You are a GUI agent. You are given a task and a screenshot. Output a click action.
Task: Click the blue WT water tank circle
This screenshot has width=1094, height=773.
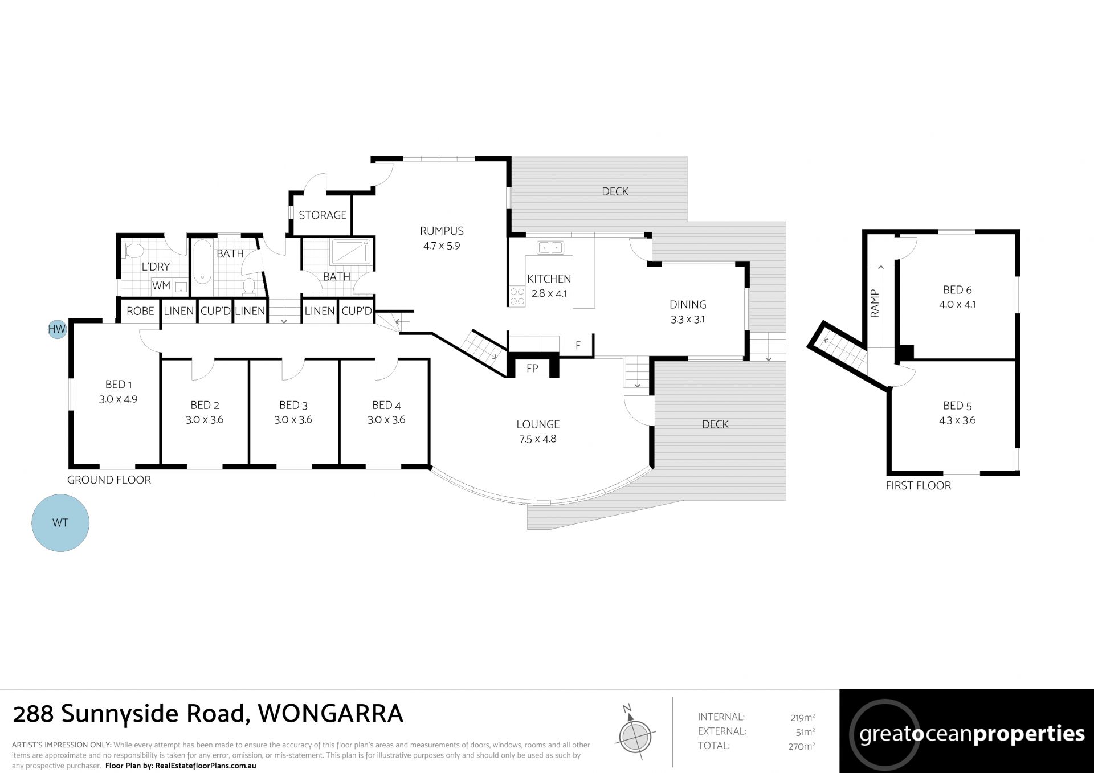(60, 522)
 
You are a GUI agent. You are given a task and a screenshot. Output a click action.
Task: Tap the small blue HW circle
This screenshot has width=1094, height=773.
(57, 329)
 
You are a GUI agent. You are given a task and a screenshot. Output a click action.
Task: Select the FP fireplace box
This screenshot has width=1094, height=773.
(532, 368)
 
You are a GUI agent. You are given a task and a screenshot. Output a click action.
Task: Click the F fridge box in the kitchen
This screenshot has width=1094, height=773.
(578, 345)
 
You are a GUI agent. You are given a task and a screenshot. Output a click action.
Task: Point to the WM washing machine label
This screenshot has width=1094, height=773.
(161, 285)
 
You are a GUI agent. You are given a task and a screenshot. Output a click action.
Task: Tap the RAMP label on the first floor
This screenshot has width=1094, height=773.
(875, 303)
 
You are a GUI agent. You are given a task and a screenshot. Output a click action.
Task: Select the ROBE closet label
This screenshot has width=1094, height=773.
(140, 311)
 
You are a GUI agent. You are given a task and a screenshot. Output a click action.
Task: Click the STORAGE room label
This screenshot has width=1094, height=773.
(323, 215)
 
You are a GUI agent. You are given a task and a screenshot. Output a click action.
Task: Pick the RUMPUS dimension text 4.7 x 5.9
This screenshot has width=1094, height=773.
(442, 246)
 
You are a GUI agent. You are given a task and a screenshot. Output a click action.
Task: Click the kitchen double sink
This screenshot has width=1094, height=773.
(550, 247)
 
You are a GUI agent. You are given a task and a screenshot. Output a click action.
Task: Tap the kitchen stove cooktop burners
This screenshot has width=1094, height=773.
(517, 297)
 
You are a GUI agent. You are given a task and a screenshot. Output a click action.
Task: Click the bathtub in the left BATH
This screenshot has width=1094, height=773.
(202, 263)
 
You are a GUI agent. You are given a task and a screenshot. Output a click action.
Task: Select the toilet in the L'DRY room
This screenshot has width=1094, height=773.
(133, 251)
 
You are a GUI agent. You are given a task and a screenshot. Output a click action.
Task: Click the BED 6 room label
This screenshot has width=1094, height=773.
(957, 290)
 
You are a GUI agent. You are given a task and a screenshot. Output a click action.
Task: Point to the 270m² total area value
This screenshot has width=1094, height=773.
(802, 746)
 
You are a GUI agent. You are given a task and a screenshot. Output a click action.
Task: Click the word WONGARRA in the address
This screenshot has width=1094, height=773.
(330, 714)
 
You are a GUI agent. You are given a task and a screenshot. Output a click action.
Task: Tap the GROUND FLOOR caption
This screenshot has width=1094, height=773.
(109, 480)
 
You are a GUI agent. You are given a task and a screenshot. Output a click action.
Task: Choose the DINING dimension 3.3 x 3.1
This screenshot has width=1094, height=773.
(688, 320)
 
